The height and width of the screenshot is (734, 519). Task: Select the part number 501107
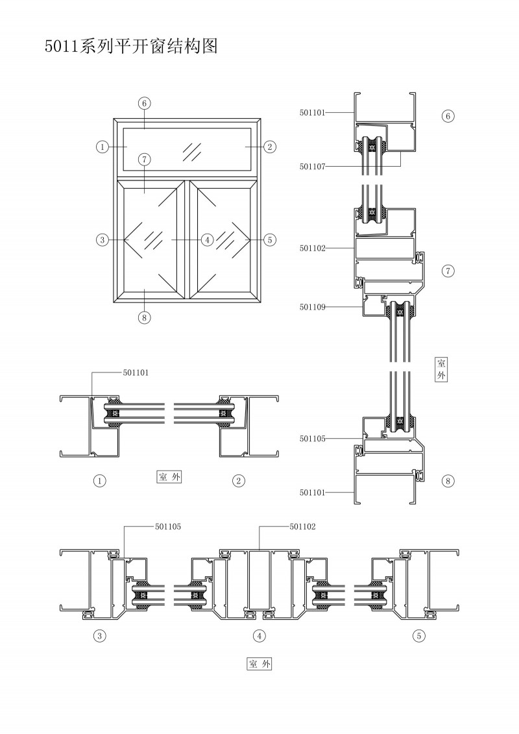pyautogui.click(x=312, y=167)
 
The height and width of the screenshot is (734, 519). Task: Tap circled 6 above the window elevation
pyautogui.click(x=145, y=103)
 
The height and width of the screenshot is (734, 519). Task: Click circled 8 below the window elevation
pyautogui.click(x=145, y=317)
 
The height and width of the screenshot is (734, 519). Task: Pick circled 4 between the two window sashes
pyautogui.click(x=207, y=240)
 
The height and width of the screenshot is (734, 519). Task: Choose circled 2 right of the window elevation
pyautogui.click(x=269, y=147)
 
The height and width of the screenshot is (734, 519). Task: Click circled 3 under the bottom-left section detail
pyautogui.click(x=100, y=636)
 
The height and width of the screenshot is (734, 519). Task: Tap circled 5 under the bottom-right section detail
pyautogui.click(x=420, y=636)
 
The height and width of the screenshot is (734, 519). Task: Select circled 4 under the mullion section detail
pyautogui.click(x=259, y=636)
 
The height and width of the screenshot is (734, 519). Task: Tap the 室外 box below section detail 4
pyautogui.click(x=259, y=664)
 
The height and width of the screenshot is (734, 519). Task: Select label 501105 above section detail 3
pyautogui.click(x=167, y=527)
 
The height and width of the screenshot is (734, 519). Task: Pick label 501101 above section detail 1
pyautogui.click(x=136, y=373)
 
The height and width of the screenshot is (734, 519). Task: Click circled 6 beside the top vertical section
pyautogui.click(x=448, y=117)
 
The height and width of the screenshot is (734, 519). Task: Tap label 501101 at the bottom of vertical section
pyautogui.click(x=312, y=493)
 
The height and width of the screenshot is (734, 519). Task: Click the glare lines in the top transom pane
pyautogui.click(x=192, y=150)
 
